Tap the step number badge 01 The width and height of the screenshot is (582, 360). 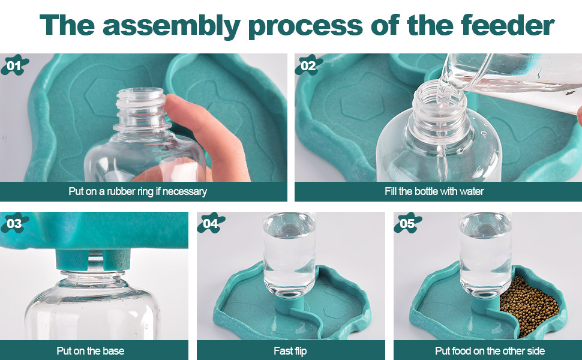pos(14,65)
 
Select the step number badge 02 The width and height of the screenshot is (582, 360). pos(308,65)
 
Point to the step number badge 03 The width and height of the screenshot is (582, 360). pos(14,223)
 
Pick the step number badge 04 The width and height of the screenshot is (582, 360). pos(211,223)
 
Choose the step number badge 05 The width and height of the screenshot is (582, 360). pos(407,223)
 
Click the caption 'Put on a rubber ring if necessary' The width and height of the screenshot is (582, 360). pos(138,191)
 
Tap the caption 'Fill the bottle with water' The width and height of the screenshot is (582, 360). pos(434,191)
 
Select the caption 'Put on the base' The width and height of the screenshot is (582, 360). pos(91,351)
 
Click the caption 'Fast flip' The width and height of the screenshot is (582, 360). pos(290,351)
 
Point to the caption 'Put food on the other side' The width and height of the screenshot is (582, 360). pos(490,351)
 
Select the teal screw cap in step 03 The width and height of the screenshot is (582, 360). pos(93,259)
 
